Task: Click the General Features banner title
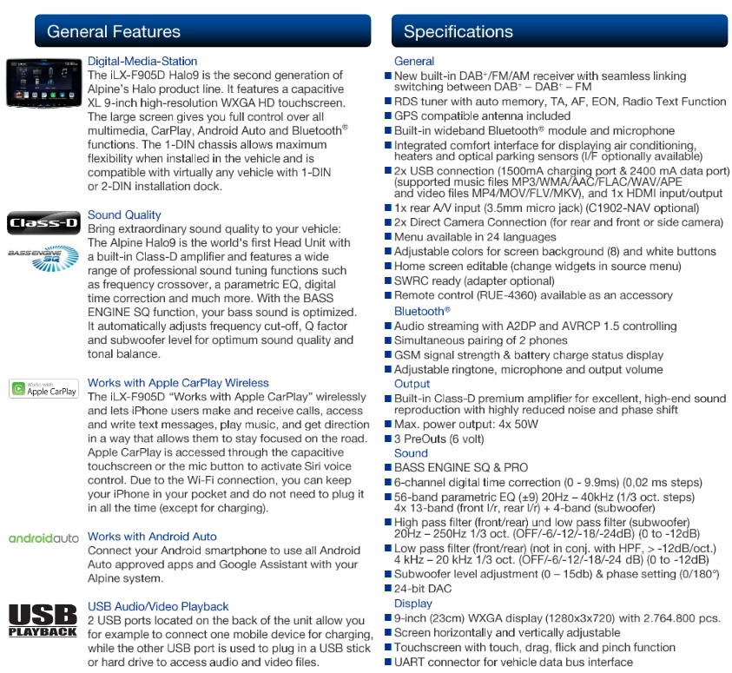click(x=114, y=32)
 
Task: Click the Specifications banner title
click(x=458, y=32)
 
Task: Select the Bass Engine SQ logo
click(x=43, y=255)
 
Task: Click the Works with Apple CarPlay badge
click(x=43, y=388)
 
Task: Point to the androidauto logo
click(x=43, y=538)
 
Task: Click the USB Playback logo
click(x=43, y=620)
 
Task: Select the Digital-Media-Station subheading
click(x=142, y=62)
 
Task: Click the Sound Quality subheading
click(x=124, y=214)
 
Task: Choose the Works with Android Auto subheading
click(x=152, y=537)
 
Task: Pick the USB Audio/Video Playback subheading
click(x=158, y=606)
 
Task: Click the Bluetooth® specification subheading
click(x=422, y=311)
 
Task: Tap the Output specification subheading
click(x=412, y=384)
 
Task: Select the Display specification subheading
click(x=412, y=604)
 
